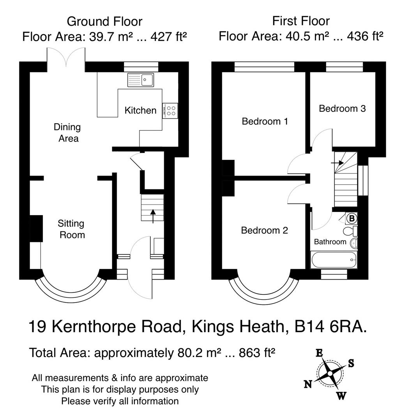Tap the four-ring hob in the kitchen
[171, 110]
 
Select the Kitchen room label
[140, 110]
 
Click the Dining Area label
[67, 133]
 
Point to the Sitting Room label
[71, 229]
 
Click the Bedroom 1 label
[265, 121]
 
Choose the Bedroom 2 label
[264, 230]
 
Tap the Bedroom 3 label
[342, 108]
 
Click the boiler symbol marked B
[352, 219]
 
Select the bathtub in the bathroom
[334, 259]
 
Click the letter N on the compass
[307, 385]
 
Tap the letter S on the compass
[351, 363]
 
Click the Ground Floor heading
[104, 21]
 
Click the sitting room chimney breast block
[36, 228]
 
